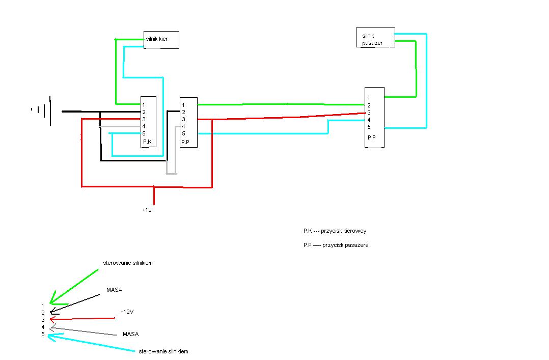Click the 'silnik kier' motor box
161,40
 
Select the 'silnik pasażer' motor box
375,38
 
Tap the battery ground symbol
43,109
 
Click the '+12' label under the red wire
147,210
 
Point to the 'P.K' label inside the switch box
147,141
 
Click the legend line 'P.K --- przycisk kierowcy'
335,231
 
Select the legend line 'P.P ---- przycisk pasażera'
336,245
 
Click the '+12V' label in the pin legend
127,312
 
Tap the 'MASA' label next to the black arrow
115,290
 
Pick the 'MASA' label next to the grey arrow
130,335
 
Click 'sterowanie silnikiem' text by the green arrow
128,263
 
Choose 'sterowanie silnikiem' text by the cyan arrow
163,352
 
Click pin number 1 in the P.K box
144,105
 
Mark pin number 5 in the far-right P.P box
369,127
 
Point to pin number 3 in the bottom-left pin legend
43,320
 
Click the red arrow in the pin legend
81,319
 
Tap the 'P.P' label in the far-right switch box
372,138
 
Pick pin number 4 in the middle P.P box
183,126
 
